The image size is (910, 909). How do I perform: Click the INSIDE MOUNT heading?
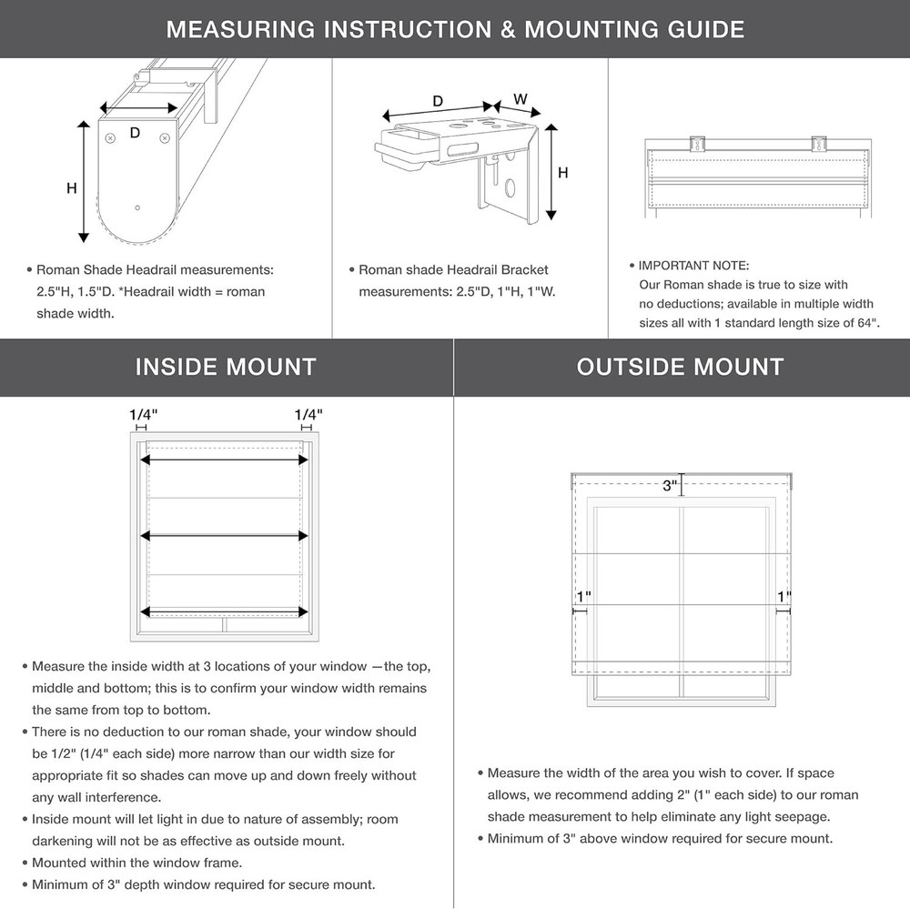coord(226,368)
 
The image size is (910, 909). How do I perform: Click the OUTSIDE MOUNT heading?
coord(680,368)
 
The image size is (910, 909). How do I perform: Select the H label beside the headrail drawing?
coord(72,188)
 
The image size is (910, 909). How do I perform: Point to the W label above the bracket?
coord(521,98)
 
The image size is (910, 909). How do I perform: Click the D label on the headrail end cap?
coord(135,133)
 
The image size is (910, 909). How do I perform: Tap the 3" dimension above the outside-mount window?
coord(670,486)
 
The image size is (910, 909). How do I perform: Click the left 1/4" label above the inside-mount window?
coord(143,414)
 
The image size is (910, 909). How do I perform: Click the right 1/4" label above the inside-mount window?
coord(308,414)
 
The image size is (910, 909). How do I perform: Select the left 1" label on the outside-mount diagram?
coord(583,597)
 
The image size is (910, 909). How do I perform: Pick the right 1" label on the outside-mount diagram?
coord(784,597)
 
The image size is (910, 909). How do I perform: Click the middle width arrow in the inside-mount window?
coord(224,536)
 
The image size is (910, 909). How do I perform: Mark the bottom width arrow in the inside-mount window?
coord(224,611)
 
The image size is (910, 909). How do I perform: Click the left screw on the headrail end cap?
coord(110,138)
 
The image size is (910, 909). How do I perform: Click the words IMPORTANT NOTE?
coord(693,266)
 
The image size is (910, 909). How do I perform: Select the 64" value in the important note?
coord(867,323)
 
